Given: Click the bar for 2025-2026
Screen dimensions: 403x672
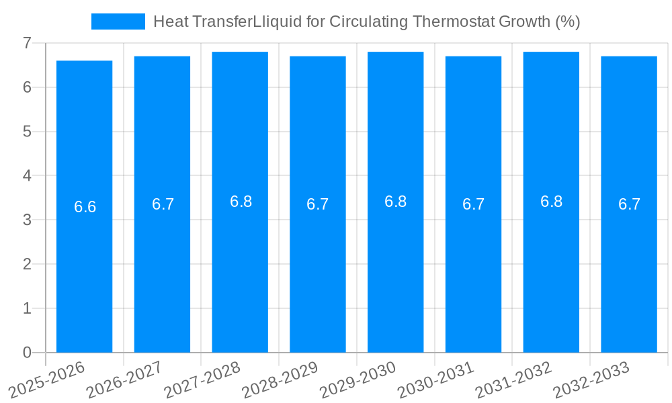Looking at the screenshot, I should pos(84,269).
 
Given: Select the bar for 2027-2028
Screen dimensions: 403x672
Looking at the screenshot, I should pos(240,269).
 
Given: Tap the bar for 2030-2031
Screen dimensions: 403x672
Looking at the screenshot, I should pos(473,269).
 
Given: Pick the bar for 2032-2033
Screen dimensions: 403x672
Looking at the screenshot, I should pos(629,269).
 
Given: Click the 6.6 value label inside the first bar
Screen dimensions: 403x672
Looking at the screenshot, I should pos(85,207).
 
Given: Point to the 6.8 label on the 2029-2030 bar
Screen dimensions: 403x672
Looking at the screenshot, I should pos(395,201).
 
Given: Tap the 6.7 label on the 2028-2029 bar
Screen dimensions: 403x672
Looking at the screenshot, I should pos(317,204).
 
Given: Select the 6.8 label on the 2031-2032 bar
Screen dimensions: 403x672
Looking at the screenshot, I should pos(551,201).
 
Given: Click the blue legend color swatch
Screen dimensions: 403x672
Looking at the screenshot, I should pos(118,21).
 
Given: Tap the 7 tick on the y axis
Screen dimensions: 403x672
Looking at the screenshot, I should pos(27,43).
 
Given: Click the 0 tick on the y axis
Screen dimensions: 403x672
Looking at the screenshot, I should pos(27,353).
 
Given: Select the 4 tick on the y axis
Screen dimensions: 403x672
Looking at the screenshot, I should pos(27,176).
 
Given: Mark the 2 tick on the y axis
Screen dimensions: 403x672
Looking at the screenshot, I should pos(27,264).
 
